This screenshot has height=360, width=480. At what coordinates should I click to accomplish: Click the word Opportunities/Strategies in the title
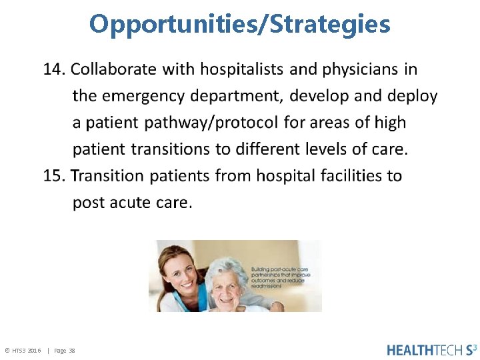(240, 25)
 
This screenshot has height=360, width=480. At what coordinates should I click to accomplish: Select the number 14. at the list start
(55, 69)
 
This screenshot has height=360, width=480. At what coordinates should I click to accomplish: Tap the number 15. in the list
(55, 176)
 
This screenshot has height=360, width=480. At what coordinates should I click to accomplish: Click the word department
(239, 97)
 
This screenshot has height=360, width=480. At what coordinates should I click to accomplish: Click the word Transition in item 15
(107, 176)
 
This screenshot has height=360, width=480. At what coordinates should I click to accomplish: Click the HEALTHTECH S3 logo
(431, 349)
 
